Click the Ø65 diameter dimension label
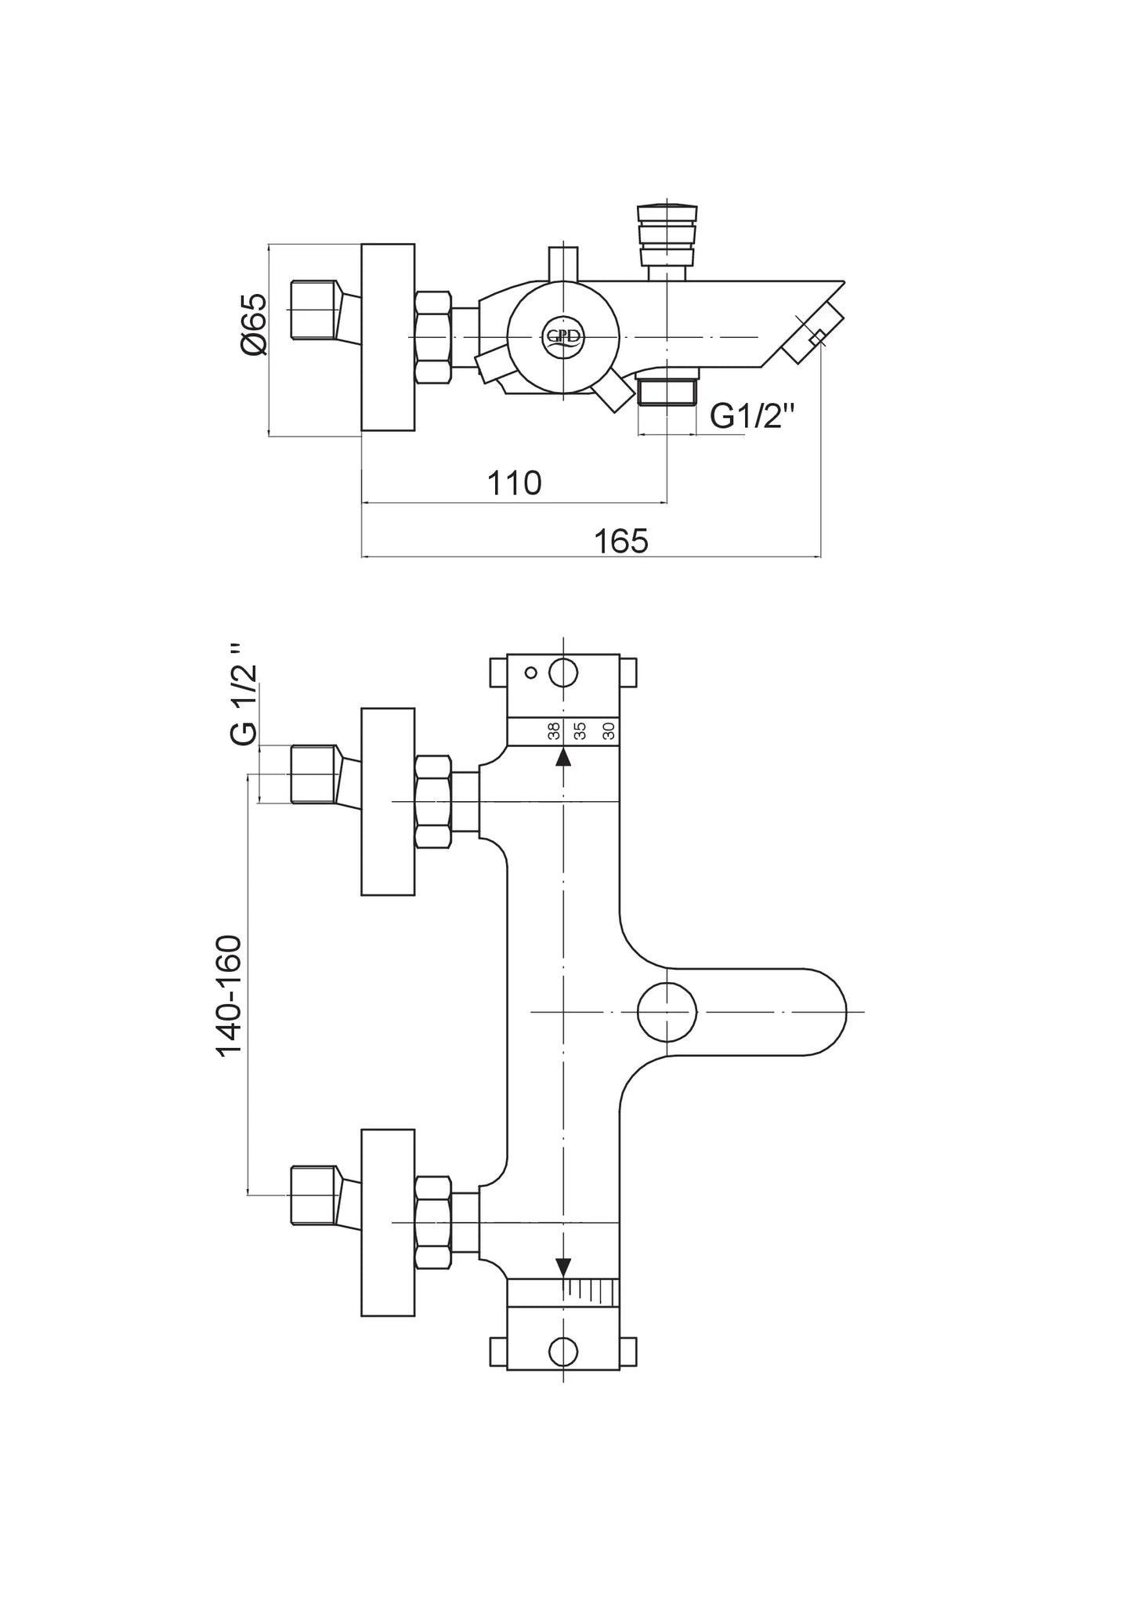click(x=255, y=325)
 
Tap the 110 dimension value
click(x=515, y=484)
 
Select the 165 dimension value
click(x=621, y=542)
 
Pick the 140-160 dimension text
click(x=229, y=996)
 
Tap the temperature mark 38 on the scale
click(x=554, y=731)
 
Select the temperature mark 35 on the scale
click(x=580, y=731)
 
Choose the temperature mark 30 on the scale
click(x=608, y=731)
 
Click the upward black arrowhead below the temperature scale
click(x=563, y=757)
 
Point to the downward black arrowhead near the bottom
click(x=563, y=1268)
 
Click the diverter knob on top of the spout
click(x=667, y=235)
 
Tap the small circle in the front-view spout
click(x=667, y=1012)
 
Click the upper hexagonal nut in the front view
click(x=433, y=801)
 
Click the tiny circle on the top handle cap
click(x=531, y=672)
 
